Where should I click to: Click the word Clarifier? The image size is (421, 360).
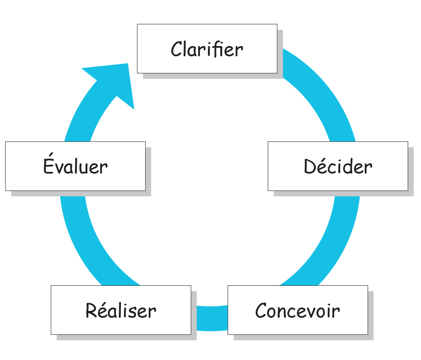point(207,49)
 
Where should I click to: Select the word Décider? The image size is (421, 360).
point(337,166)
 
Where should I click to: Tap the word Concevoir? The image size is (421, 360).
point(297,311)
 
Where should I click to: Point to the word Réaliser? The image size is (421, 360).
point(121,311)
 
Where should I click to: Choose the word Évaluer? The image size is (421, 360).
point(75,166)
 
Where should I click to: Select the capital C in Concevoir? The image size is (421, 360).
point(261,311)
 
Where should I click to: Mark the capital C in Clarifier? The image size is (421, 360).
point(176,49)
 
